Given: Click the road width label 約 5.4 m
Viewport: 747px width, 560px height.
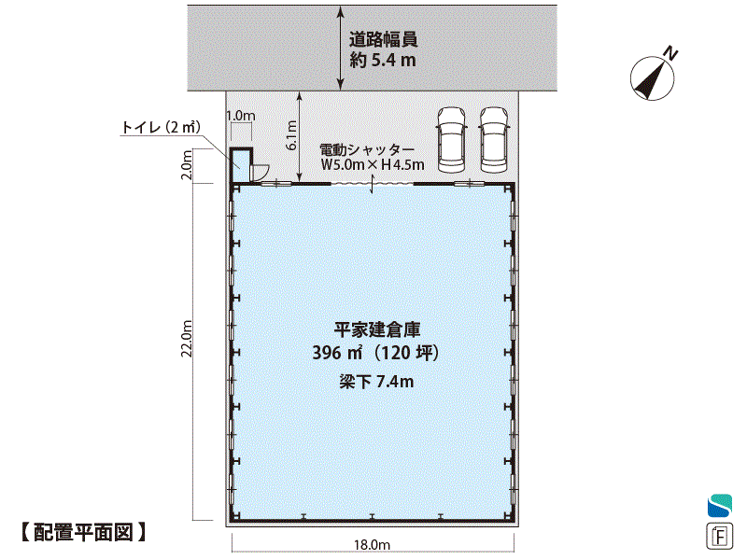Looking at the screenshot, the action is tap(383, 61).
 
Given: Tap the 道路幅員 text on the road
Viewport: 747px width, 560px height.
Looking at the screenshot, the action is tap(384, 39).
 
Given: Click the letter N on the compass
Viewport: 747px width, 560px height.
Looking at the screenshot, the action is tap(671, 53).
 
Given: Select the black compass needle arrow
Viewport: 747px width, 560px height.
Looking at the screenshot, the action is tap(649, 78).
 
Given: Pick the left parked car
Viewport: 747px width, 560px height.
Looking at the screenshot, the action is tap(451, 139).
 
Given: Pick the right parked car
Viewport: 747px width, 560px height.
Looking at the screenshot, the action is tap(494, 139).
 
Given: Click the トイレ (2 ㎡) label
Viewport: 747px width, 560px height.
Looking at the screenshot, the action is tap(161, 127).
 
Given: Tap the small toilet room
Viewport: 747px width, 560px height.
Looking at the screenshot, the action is tap(242, 165).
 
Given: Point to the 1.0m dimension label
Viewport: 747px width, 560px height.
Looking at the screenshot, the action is tap(241, 116).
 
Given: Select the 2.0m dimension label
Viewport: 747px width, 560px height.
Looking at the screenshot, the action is tap(187, 165).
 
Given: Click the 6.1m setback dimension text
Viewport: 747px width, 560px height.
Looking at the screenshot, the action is tap(291, 135).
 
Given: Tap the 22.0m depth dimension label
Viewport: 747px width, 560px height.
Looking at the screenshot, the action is tap(186, 338).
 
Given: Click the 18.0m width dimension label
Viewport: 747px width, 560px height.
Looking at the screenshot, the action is tap(372, 544).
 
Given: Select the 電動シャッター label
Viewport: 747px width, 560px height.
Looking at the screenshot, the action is tap(367, 150).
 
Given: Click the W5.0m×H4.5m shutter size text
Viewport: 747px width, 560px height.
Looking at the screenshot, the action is tap(373, 165).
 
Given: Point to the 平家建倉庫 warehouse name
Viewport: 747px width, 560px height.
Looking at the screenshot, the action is tap(377, 329).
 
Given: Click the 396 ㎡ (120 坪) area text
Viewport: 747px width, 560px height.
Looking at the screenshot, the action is tap(375, 353).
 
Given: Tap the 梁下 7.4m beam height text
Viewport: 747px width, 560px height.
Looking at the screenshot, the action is tap(376, 382).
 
